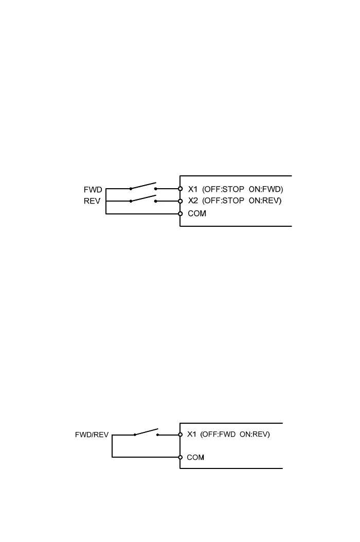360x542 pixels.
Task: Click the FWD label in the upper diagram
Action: click(93, 190)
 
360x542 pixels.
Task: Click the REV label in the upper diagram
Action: click(93, 202)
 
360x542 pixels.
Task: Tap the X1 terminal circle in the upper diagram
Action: click(180, 189)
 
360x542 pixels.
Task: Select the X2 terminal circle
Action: click(180, 201)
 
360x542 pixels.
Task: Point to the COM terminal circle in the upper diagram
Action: click(180, 213)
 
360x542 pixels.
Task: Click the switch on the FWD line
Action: click(143, 187)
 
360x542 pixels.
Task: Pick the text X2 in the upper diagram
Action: click(193, 201)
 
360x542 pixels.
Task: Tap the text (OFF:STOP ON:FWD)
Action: click(243, 189)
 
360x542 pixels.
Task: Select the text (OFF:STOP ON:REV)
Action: click(242, 201)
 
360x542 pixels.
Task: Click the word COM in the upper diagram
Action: click(197, 213)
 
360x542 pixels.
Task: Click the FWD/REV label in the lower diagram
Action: click(92, 435)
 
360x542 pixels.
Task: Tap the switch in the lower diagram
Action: click(146, 432)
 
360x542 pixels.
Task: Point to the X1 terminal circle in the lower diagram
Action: click(180, 435)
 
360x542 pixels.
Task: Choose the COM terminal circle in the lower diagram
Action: click(180, 457)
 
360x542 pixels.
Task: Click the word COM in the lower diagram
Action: click(196, 457)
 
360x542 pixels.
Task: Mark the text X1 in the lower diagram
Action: click(192, 435)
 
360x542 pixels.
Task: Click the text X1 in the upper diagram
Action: click(193, 189)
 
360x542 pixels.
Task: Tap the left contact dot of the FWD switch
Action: click(131, 189)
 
